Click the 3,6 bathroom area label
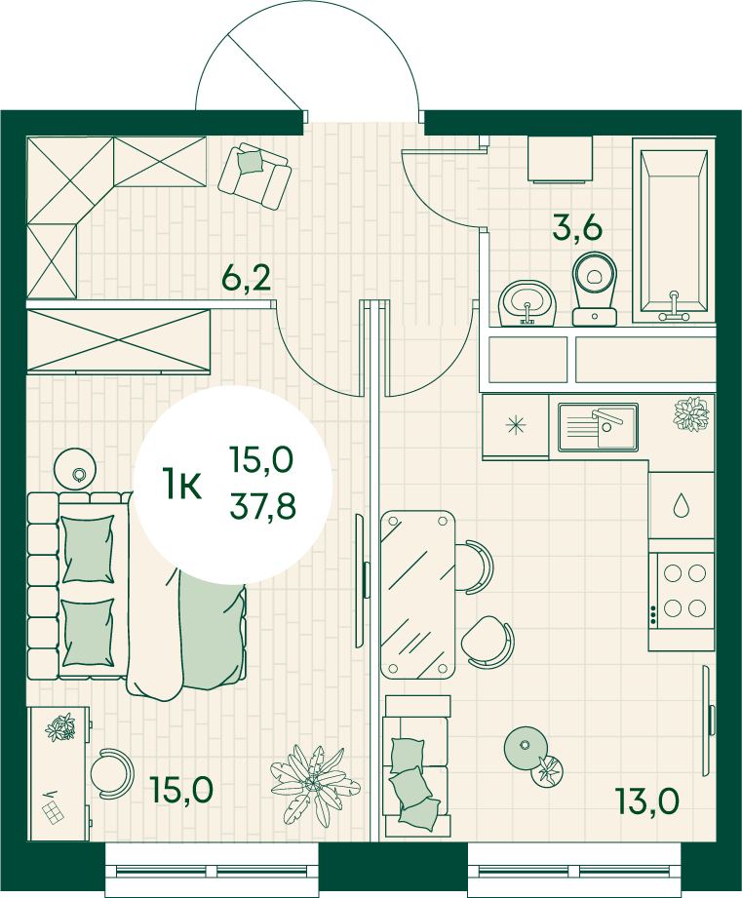(x=577, y=227)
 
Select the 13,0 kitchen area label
(x=647, y=800)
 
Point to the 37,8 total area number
(x=263, y=506)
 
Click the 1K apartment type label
(x=181, y=484)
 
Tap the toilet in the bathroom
(x=595, y=290)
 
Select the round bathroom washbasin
(x=527, y=303)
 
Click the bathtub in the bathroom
(x=674, y=235)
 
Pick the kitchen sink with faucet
(x=599, y=427)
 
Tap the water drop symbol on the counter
(x=681, y=505)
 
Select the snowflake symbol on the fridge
(x=516, y=425)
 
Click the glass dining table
(x=418, y=595)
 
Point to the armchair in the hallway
(x=254, y=176)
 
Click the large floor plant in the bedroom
(x=315, y=784)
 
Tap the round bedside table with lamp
(x=75, y=468)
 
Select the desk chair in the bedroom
(x=112, y=773)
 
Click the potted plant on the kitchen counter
(x=691, y=413)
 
